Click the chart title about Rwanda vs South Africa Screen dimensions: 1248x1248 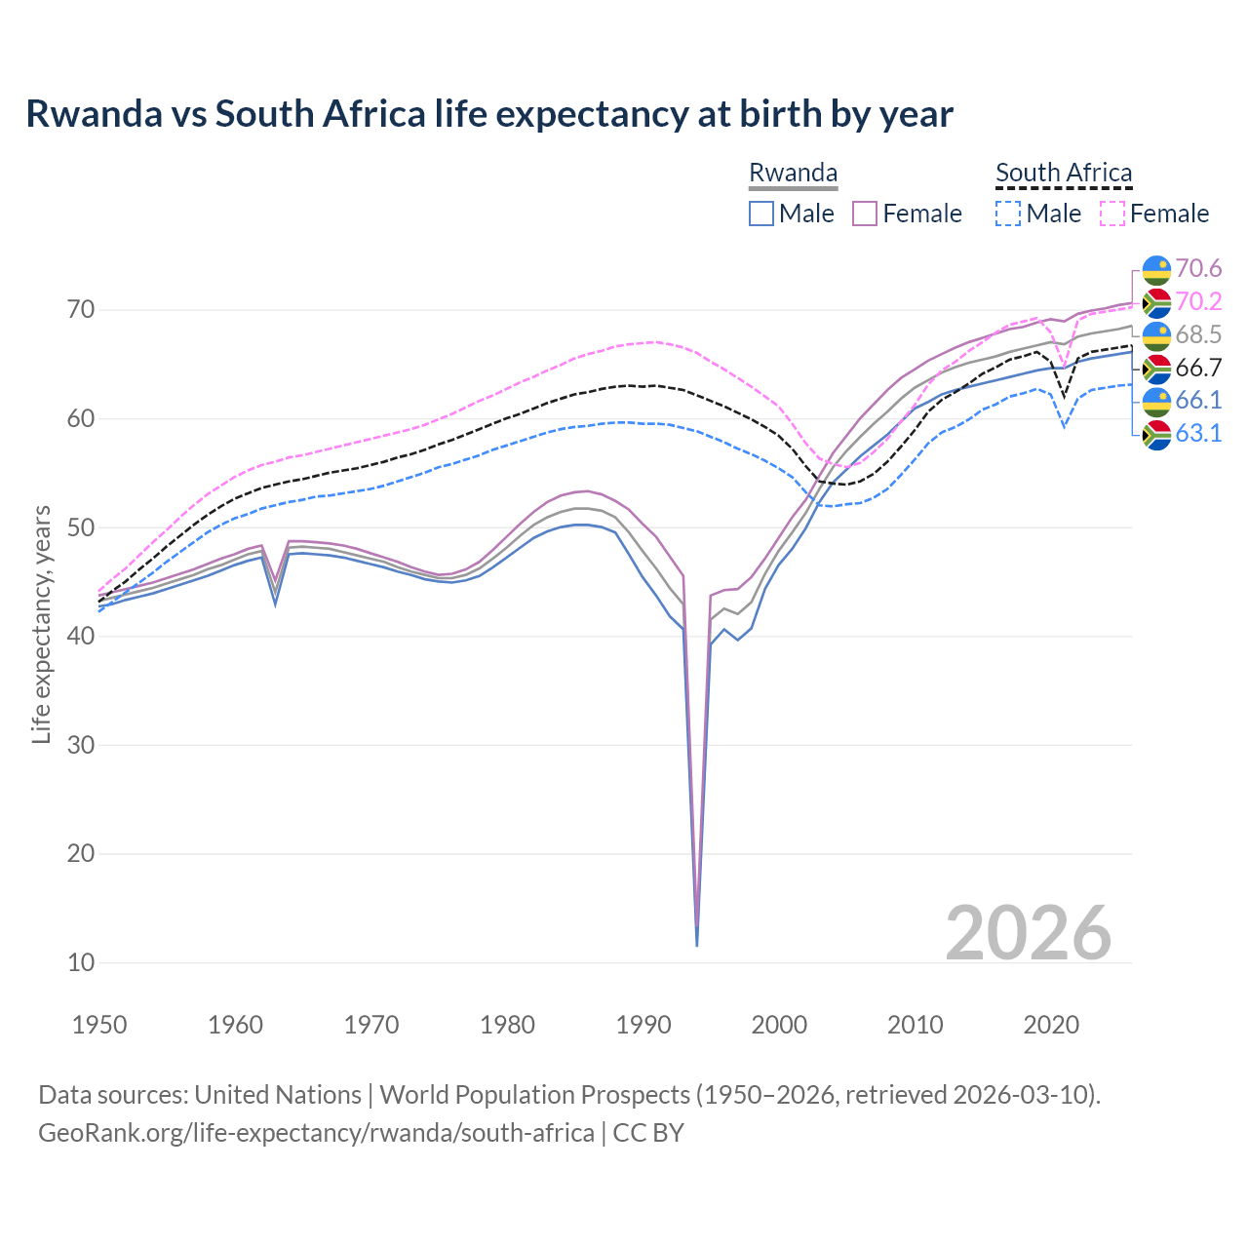[489, 114]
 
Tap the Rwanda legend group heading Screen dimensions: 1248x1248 [793, 173]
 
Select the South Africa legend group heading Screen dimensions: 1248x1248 [1064, 173]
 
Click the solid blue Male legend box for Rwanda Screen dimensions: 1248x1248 [761, 214]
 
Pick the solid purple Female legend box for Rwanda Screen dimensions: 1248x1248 [865, 214]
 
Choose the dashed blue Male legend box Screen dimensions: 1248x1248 [1008, 214]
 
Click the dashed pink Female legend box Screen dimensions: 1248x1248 [1112, 214]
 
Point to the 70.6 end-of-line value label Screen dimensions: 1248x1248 [1198, 268]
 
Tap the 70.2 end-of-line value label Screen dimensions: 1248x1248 [1198, 301]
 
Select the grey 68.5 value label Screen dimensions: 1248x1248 [1198, 334]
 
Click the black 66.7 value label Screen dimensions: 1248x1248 [1198, 368]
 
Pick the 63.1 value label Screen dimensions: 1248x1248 [1198, 433]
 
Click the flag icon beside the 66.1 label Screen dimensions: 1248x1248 [1156, 401]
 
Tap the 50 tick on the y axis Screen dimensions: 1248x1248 [82, 527]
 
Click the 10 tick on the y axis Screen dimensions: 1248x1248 [82, 962]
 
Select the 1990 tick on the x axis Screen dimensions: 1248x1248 [643, 1025]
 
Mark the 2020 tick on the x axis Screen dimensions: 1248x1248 [1051, 1025]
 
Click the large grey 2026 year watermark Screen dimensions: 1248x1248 [1029, 933]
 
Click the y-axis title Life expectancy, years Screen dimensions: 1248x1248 [41, 624]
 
